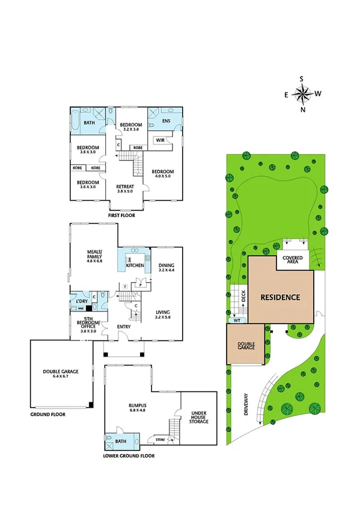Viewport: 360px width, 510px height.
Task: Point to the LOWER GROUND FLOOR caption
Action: pos(129,456)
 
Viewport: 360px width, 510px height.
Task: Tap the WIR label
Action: pos(160,140)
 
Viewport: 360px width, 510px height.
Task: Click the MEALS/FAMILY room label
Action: pos(95,257)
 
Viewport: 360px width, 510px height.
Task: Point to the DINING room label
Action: pos(166,268)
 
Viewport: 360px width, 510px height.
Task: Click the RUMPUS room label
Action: pos(138,408)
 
